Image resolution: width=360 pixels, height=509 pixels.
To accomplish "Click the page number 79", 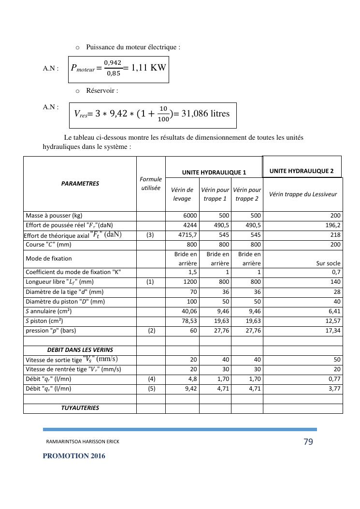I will pyautogui.click(x=308, y=442).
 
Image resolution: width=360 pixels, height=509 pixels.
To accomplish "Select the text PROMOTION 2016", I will pyautogui.click(x=73, y=456).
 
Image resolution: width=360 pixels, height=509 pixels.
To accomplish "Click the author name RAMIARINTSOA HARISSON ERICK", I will pyautogui.click(x=83, y=442).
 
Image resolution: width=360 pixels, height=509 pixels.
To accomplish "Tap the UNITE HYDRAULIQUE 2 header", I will pyautogui.click(x=302, y=171).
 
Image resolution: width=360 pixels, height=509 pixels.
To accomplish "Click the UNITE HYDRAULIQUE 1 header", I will pyautogui.click(x=214, y=172).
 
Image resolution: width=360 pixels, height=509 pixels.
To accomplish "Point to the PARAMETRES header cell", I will pyautogui.click(x=80, y=184).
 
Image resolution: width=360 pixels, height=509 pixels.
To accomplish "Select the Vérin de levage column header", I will pyautogui.click(x=183, y=194).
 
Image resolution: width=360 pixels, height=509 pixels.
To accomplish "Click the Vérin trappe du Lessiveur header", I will pyautogui.click(x=303, y=194).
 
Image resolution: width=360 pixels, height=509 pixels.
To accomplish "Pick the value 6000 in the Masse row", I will pyautogui.click(x=190, y=216).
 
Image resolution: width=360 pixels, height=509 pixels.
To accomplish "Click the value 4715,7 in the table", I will pyautogui.click(x=187, y=235).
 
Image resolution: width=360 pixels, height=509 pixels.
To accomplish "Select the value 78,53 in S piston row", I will pyautogui.click(x=189, y=321).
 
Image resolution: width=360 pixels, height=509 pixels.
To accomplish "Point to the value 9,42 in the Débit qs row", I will pyautogui.click(x=190, y=388).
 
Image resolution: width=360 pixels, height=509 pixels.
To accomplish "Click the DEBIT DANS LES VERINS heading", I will pyautogui.click(x=80, y=350).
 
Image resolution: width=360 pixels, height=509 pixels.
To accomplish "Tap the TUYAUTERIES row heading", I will pyautogui.click(x=80, y=408).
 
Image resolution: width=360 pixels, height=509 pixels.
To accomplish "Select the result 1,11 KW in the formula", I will pyautogui.click(x=149, y=68).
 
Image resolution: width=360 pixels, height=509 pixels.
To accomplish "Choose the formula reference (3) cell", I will pyautogui.click(x=150, y=235).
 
